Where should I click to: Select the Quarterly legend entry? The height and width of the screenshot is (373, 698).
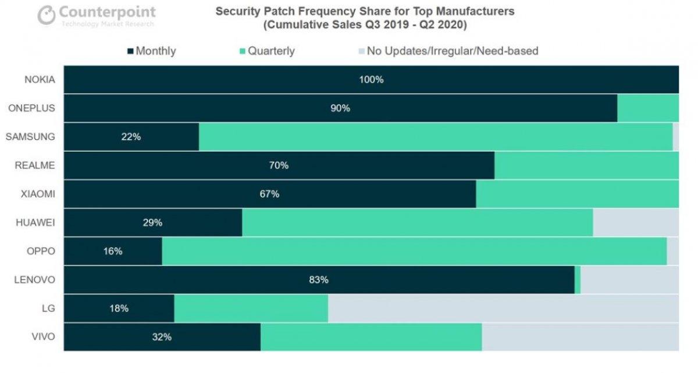coord(267,51)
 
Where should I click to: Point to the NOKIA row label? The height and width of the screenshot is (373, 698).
coord(40,80)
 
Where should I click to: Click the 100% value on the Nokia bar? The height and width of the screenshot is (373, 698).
coord(371,80)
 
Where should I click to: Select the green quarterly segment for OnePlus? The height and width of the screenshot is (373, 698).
coord(647,108)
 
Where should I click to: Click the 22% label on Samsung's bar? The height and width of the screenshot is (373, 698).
coord(131,137)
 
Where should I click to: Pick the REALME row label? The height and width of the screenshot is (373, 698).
coord(35,166)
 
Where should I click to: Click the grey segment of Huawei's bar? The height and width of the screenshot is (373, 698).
coord(635,223)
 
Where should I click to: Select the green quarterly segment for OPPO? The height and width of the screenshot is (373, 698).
coord(414,252)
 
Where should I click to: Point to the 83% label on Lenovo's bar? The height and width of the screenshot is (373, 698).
coord(319,280)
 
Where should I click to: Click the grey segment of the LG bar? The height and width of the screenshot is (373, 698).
coord(503,309)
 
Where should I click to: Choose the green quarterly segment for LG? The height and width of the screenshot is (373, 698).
coord(251,309)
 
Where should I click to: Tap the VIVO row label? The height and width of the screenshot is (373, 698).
coord(44,337)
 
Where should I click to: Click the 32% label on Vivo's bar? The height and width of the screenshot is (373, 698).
coord(162,337)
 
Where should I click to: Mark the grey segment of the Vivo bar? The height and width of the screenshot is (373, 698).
coord(580,337)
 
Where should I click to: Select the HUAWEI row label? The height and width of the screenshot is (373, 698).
coord(36,223)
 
